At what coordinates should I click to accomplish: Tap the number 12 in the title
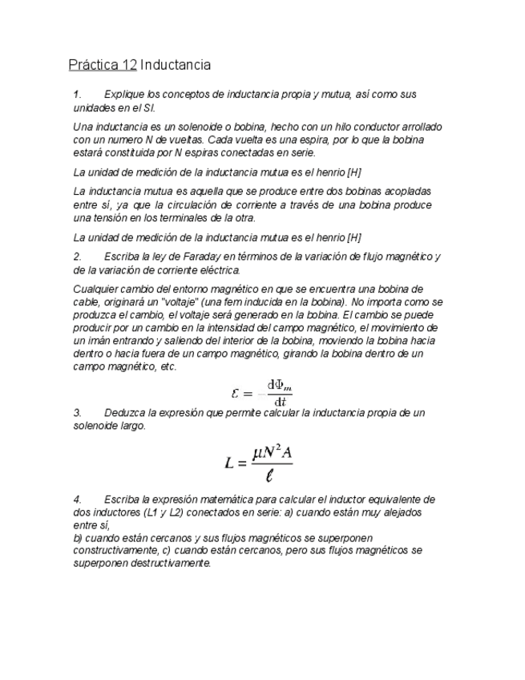tap(128, 64)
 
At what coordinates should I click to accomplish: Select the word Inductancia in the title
tap(176, 64)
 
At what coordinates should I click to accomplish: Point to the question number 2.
tap(77, 257)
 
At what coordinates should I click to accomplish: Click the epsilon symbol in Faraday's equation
tap(236, 393)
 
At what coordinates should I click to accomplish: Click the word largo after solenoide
tap(135, 426)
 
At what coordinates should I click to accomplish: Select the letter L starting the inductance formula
tap(229, 463)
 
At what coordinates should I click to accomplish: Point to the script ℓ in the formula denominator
tap(270, 476)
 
